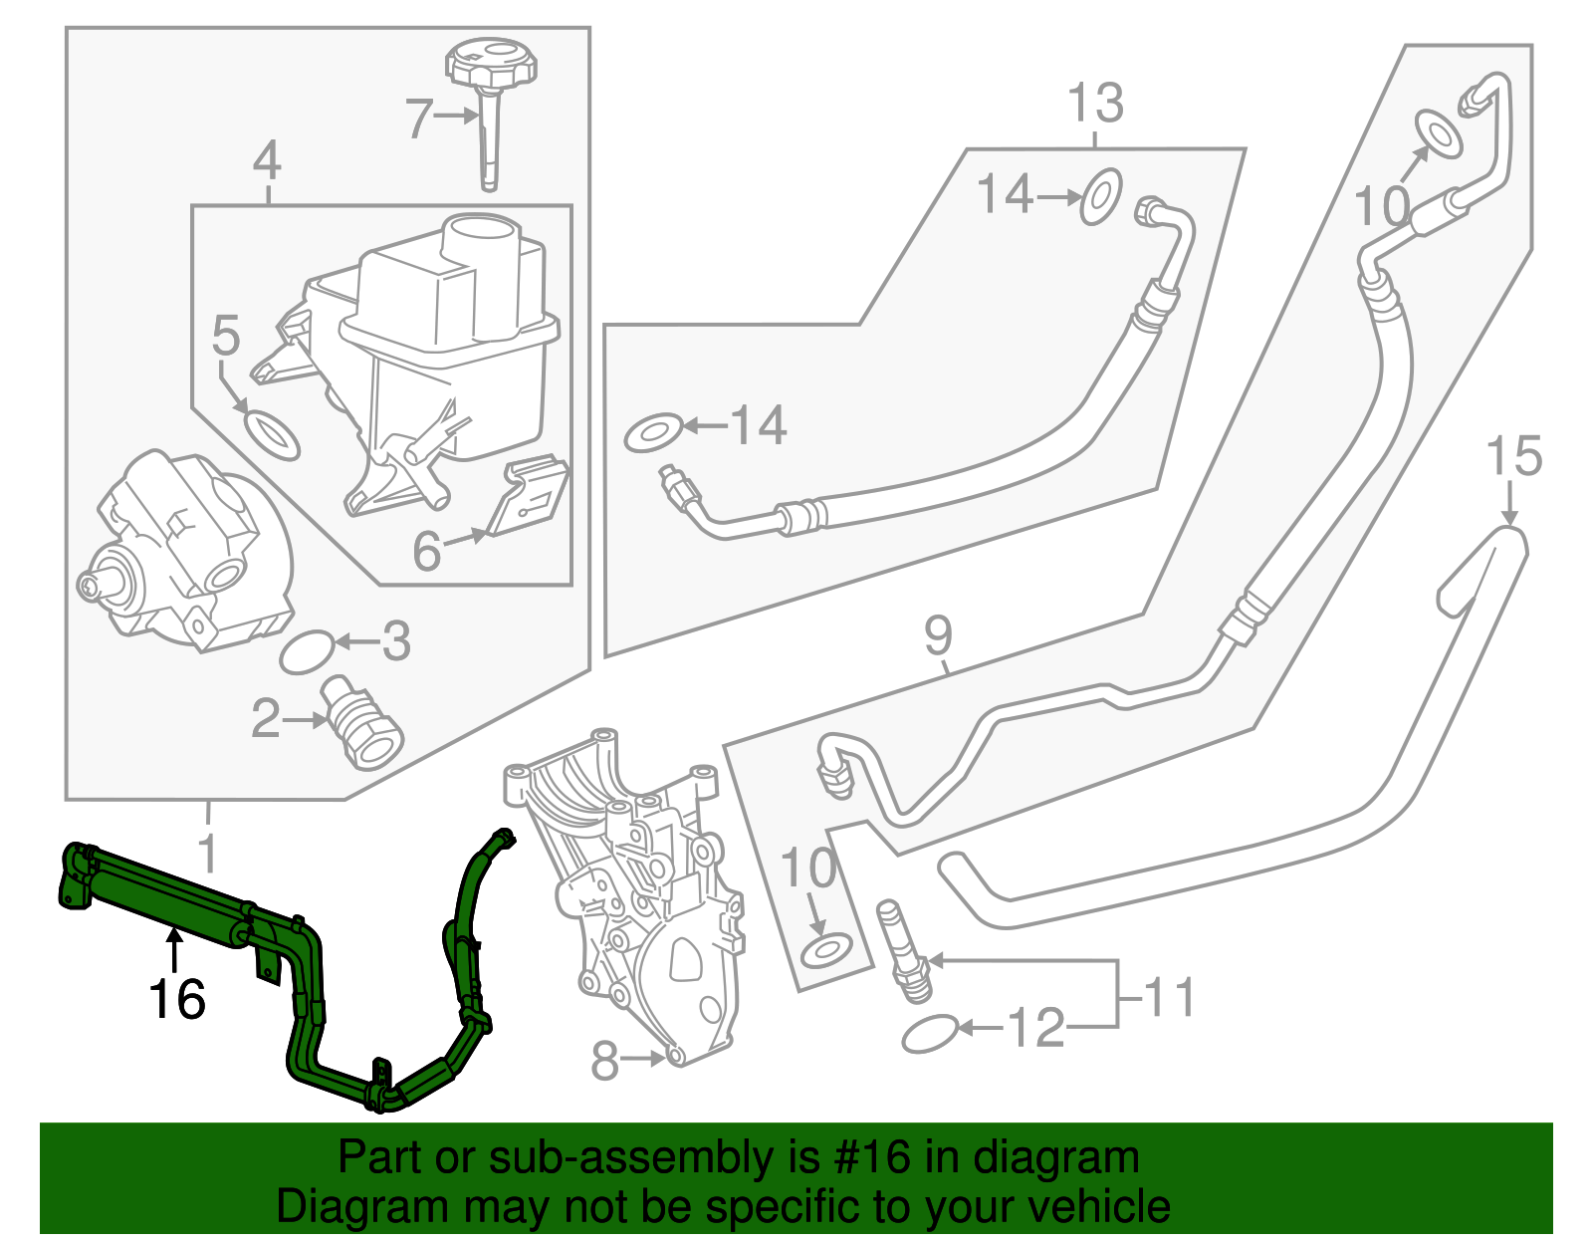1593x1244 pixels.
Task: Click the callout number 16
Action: pyautogui.click(x=177, y=999)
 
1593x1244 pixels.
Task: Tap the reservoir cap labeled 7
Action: pyautogui.click(x=491, y=66)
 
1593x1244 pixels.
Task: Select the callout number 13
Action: pyautogui.click(x=1095, y=104)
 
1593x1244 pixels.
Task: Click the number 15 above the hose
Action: pyautogui.click(x=1512, y=457)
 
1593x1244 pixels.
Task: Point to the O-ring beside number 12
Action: pyautogui.click(x=930, y=1035)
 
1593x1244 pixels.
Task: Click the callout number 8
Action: pyautogui.click(x=605, y=1062)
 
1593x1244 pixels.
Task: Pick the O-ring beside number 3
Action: pyautogui.click(x=307, y=652)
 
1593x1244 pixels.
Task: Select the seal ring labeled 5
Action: pyautogui.click(x=271, y=434)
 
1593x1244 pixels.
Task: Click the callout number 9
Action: pyautogui.click(x=938, y=636)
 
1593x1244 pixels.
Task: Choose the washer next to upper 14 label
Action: pyautogui.click(x=1101, y=196)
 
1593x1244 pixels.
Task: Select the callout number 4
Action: pyautogui.click(x=267, y=161)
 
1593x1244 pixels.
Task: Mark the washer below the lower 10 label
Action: pyautogui.click(x=826, y=949)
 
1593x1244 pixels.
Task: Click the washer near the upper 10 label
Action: pyautogui.click(x=1439, y=133)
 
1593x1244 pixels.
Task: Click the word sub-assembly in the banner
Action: pyautogui.click(x=609, y=1158)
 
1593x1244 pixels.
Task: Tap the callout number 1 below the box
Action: pyautogui.click(x=207, y=854)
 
